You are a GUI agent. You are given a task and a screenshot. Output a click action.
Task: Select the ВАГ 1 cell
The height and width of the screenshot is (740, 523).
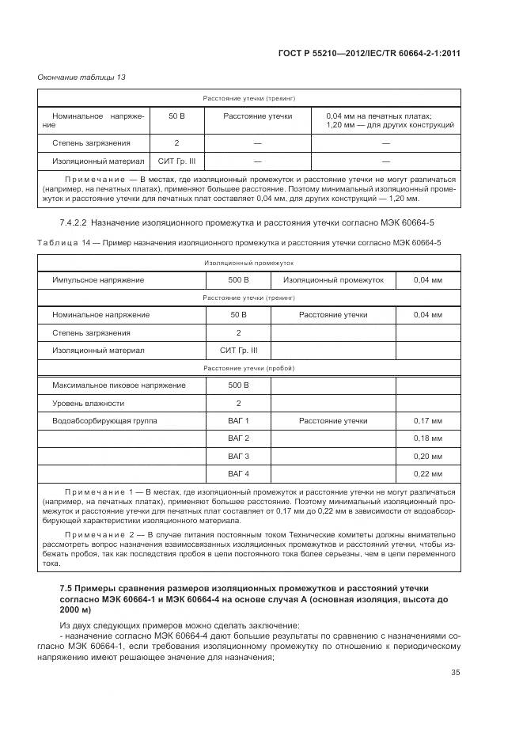click(x=238, y=420)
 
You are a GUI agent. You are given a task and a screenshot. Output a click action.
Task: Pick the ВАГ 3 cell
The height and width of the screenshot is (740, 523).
click(x=238, y=457)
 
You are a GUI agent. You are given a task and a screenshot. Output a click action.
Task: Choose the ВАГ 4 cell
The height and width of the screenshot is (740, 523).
click(x=238, y=474)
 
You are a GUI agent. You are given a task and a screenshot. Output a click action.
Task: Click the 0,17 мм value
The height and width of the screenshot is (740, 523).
click(x=427, y=420)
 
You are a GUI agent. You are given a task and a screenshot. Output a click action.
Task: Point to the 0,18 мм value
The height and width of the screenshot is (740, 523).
click(x=427, y=438)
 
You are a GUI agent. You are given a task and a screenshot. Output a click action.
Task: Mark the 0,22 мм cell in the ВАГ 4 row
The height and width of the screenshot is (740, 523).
click(x=427, y=474)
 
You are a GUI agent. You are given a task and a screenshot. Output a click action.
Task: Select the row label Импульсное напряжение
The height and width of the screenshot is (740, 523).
click(x=98, y=280)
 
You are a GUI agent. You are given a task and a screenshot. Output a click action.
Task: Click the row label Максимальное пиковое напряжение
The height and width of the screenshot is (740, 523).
click(x=119, y=385)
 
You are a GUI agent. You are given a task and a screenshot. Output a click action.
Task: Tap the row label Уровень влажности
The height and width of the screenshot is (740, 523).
click(x=85, y=403)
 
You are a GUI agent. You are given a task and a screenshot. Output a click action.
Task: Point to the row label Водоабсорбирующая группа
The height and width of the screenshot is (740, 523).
click(x=104, y=420)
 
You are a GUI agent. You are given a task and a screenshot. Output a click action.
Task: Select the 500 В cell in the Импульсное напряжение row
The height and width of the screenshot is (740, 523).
click(x=238, y=280)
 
